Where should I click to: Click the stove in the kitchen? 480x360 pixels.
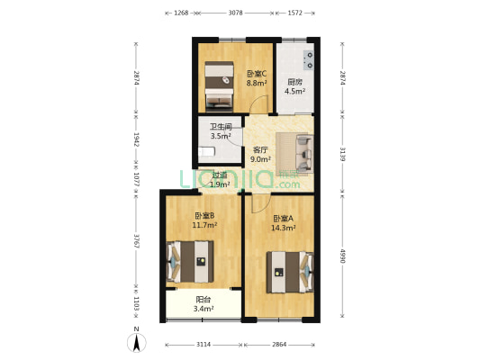pyautogui.click(x=309, y=60)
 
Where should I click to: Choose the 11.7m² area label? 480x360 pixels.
pyautogui.click(x=203, y=225)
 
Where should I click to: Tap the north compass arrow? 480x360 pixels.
pyautogui.click(x=136, y=341)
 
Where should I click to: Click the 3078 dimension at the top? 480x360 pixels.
pyautogui.click(x=236, y=13)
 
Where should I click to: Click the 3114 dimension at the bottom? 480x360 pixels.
pyautogui.click(x=204, y=345)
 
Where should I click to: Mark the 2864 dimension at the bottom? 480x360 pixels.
pyautogui.click(x=280, y=345)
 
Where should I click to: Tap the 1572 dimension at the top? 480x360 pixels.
pyautogui.click(x=295, y=13)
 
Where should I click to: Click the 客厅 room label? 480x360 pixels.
pyautogui.click(x=260, y=149)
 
